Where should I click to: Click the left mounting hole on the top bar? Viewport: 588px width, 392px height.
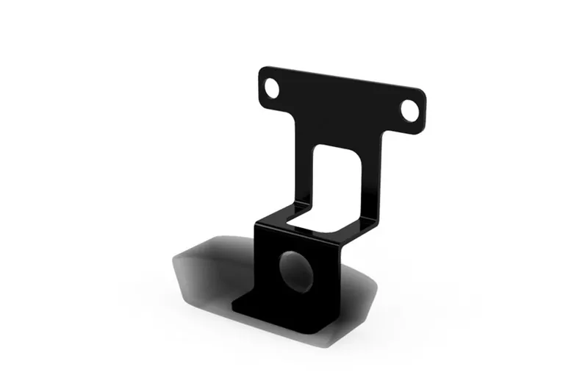tap(271, 89)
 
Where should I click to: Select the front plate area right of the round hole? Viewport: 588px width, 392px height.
tap(327, 276)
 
